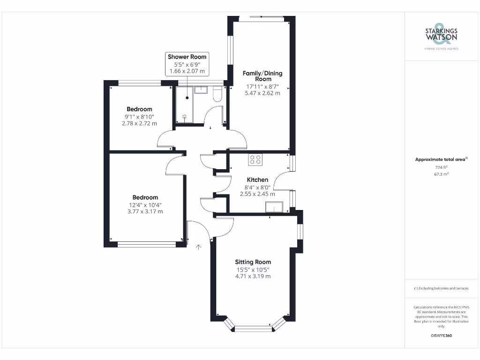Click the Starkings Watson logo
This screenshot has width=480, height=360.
point(441,36)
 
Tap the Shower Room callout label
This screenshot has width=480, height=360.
point(187,57)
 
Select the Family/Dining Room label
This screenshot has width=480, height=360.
point(262,76)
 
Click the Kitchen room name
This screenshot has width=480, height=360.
point(257,180)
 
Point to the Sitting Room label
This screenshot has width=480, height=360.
point(253,262)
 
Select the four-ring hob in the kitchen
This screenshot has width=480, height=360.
point(255,159)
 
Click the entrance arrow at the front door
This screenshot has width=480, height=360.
point(199,247)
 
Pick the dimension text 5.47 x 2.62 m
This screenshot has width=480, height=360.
point(262,93)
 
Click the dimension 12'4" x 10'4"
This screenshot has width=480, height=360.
point(145,205)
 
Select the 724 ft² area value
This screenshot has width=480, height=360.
point(441,167)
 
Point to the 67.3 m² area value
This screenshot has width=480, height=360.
point(441,174)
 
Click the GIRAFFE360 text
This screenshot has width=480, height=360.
point(441,336)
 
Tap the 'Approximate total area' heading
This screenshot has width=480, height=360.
point(441,159)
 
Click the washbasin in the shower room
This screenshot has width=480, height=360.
point(201,90)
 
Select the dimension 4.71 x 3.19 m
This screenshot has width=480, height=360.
point(253,277)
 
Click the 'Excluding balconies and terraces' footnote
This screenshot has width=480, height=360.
point(441,288)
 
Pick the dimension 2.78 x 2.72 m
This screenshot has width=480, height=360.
point(139,123)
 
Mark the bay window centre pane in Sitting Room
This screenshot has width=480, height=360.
point(253,329)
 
